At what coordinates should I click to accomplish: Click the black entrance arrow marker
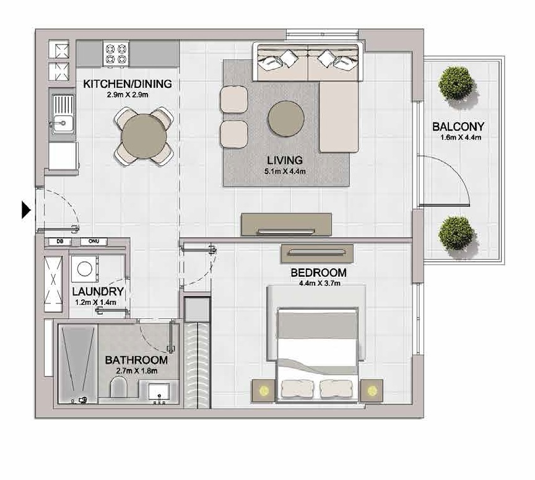coord(26,210)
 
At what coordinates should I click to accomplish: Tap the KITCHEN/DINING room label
coord(128,84)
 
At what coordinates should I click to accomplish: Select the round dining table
coord(144,136)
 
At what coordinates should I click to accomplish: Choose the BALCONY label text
coord(458,127)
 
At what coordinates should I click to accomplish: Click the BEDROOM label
coord(318,273)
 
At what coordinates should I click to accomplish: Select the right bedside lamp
coord(372,391)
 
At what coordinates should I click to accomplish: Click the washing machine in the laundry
coord(83,270)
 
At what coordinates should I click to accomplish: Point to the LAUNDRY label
coord(98,292)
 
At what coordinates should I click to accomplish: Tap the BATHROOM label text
coord(136,360)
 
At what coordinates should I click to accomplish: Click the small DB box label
coord(60,242)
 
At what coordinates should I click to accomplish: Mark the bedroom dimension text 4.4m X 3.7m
coord(318,284)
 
